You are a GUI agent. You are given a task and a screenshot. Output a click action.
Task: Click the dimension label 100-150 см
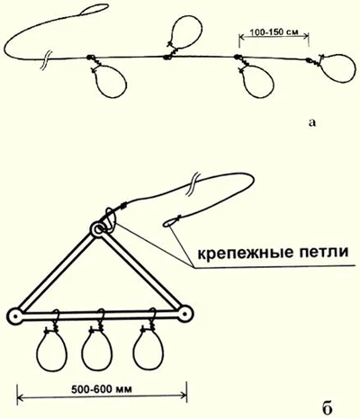[274, 31]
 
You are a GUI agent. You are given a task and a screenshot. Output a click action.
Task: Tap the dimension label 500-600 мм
[102, 389]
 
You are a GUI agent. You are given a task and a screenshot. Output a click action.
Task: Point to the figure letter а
[312, 122]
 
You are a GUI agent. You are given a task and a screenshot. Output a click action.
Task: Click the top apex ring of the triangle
[98, 230]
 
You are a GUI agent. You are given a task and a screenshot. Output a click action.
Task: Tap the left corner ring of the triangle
[14, 316]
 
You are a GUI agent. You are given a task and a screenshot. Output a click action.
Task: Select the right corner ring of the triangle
[185, 314]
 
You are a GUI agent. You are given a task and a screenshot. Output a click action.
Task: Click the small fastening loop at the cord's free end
[169, 223]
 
